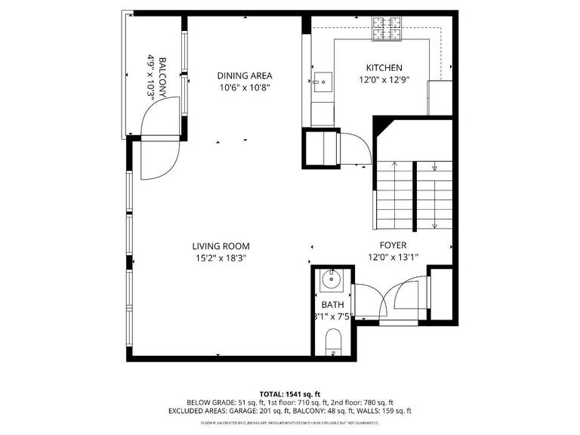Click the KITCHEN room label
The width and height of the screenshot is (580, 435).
pyautogui.click(x=384, y=67)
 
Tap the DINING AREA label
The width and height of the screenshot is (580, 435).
pyautogui.click(x=244, y=76)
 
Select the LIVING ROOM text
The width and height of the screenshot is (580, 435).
pyautogui.click(x=221, y=246)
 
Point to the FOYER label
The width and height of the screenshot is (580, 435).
pyautogui.click(x=393, y=245)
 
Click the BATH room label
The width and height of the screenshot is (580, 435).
pyautogui.click(x=332, y=305)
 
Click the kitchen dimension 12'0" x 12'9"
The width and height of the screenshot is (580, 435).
pyautogui.click(x=384, y=79)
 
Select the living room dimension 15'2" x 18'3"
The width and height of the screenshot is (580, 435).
pyautogui.click(x=221, y=258)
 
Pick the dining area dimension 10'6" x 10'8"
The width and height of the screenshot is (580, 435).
pyautogui.click(x=244, y=88)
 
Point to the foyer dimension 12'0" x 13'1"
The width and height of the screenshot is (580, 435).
pyautogui.click(x=393, y=258)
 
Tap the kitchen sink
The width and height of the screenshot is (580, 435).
pyautogui.click(x=322, y=79)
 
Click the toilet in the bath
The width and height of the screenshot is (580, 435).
pyautogui.click(x=332, y=347)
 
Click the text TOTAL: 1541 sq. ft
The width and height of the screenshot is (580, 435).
pyautogui.click(x=290, y=394)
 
